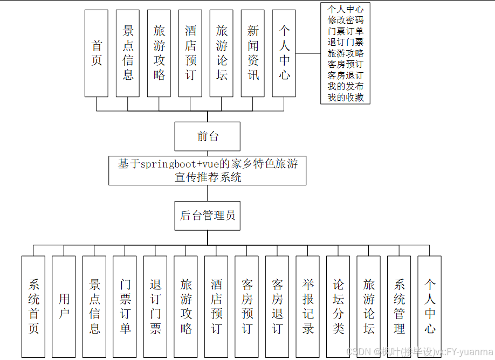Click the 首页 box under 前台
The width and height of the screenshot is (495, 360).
coord(97,53)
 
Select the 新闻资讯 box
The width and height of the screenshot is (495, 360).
coord(253,53)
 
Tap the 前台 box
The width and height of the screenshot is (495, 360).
coord(208,136)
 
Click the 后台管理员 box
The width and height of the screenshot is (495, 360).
coord(208,216)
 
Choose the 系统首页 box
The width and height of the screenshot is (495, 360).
coord(33,306)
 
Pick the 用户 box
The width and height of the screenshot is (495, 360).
coord(64,306)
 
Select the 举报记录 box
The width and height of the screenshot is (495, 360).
coord(308,306)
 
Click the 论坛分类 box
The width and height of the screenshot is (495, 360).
coord(338,306)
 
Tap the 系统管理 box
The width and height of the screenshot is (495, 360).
coord(399,306)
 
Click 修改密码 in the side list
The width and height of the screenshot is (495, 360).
coord(346,20)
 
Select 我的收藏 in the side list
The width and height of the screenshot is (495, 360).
coord(346,98)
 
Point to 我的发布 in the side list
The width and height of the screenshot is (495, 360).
coord(346,86)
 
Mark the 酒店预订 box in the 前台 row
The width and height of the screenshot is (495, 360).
coord(190,53)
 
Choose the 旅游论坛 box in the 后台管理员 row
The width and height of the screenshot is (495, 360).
coord(369,306)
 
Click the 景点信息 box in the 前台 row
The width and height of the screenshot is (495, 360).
coord(128,53)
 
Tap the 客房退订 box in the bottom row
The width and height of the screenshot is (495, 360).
coord(277,306)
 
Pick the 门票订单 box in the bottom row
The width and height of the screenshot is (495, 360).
coord(125,306)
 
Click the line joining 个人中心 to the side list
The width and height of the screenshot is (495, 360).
coord(308,53)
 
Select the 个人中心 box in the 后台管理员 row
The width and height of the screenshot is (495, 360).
coord(430,306)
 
